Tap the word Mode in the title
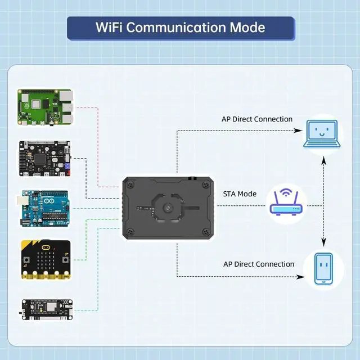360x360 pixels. pos(246,28)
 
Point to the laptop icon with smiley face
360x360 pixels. pos(322,134)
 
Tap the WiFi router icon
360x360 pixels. pos(286,202)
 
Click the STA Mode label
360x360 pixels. pos(239,194)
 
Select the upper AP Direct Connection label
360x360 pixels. pos(257,119)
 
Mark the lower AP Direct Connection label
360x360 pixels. pos(259,264)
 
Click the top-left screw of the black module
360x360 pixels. pos(131,184)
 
